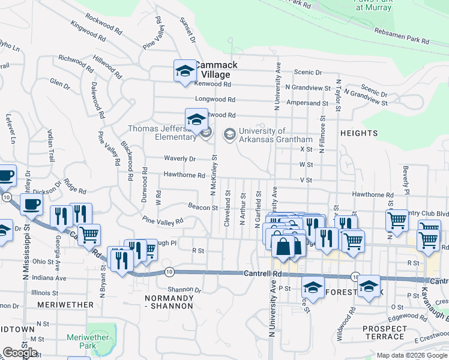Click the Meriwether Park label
[88, 341]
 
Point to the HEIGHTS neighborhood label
[358, 133]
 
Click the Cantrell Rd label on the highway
[262, 274]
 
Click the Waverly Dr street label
[180, 159]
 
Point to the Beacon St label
[202, 208]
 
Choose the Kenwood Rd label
[214, 84]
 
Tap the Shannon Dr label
[184, 289]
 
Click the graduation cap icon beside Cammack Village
[184, 71]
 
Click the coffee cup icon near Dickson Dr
[31, 204]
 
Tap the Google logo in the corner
[19, 353]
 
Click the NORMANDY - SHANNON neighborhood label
[170, 302]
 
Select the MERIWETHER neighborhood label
[65, 305]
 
